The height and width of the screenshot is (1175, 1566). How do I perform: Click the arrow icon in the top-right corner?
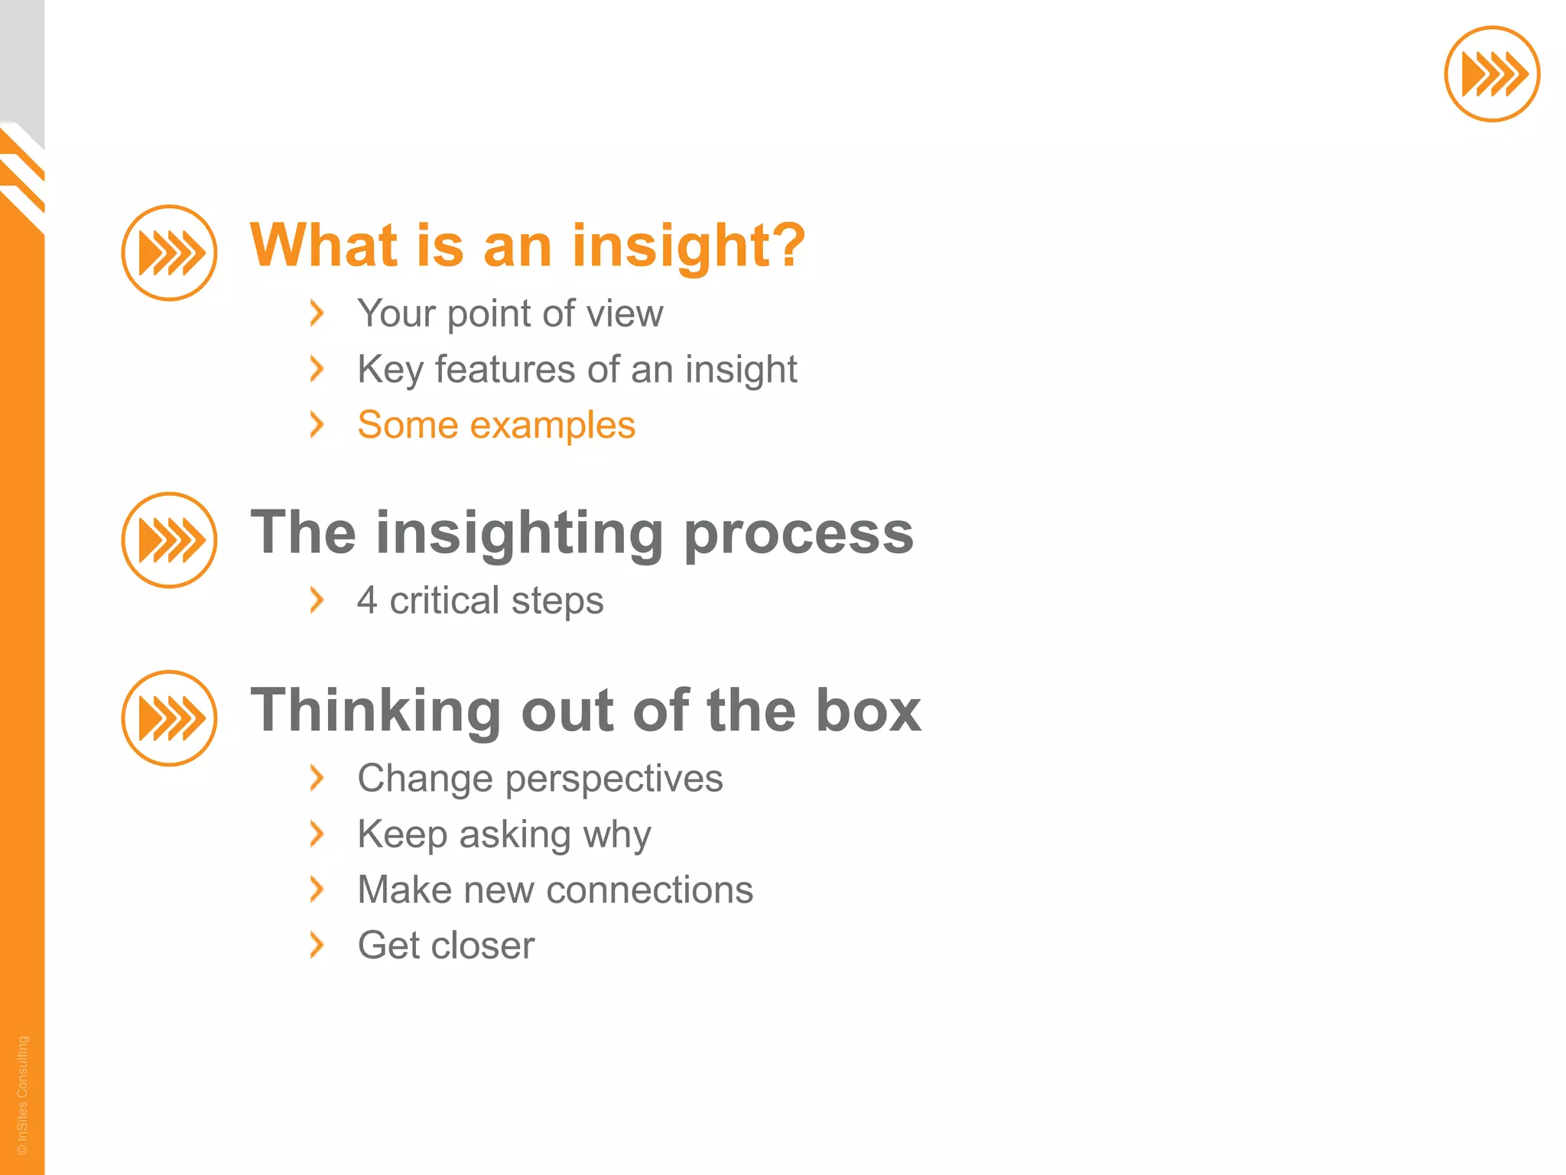point(1491,74)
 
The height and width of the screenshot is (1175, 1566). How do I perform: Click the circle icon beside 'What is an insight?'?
point(169,252)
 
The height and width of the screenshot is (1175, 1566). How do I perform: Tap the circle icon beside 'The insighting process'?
point(169,540)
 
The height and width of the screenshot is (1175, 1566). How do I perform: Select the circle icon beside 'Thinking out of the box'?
point(169,718)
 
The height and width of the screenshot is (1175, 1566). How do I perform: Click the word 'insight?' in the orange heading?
point(688,246)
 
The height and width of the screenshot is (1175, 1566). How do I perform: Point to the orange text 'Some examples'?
point(496,425)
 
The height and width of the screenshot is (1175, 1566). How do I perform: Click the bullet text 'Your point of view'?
point(510,314)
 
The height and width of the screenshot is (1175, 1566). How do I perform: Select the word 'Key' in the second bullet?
point(390,370)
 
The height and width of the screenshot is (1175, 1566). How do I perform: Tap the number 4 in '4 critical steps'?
point(367,601)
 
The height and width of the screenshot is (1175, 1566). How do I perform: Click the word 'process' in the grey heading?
point(798,534)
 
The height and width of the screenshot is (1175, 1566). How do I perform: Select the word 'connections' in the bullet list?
point(650,890)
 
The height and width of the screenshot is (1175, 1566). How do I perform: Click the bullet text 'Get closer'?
point(446,946)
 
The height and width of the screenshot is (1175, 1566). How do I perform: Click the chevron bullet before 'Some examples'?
point(317,425)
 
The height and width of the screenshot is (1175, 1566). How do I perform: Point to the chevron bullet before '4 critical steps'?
point(317,601)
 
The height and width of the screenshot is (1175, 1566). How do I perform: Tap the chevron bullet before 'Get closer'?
point(317,946)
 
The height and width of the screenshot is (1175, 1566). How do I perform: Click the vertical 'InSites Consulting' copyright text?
point(22,1094)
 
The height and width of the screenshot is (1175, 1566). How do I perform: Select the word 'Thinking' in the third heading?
point(375,711)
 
